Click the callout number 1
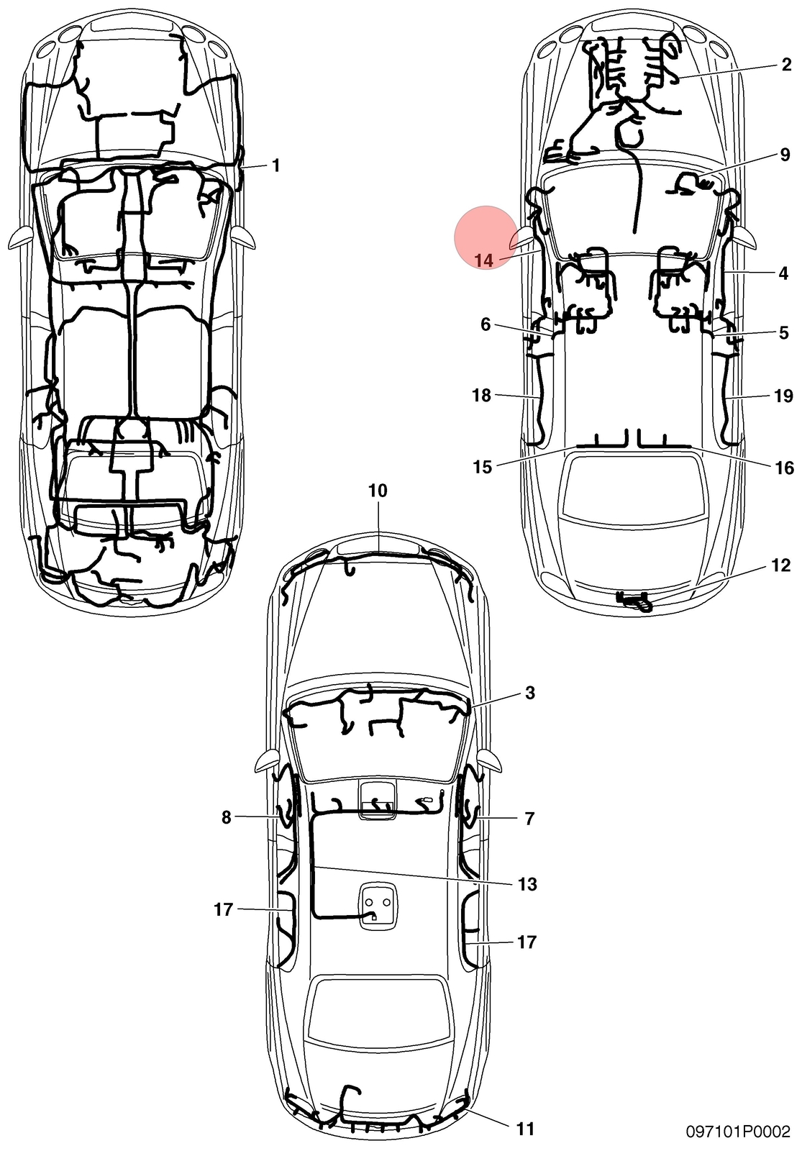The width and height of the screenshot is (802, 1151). point(276,165)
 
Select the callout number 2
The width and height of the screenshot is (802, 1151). point(786,65)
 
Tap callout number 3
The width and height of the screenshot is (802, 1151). point(530,693)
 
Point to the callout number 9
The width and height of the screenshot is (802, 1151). point(785,155)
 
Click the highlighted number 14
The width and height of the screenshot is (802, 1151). point(484,260)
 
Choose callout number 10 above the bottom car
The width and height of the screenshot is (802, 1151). point(378,491)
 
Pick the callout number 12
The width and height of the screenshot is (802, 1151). point(781,565)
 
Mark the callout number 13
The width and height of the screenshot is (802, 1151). point(528,884)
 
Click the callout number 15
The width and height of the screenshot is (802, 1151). point(483,467)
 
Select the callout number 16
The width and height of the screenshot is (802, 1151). point(785,468)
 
